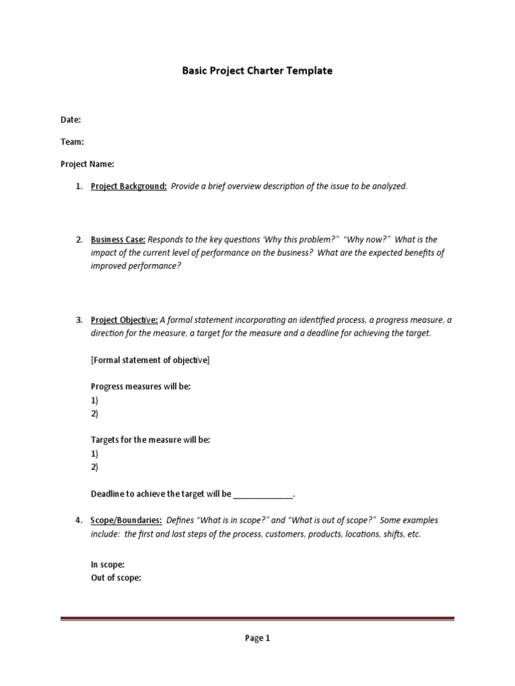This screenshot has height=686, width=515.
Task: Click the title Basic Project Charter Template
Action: (x=257, y=70)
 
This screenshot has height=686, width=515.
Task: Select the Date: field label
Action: (x=70, y=120)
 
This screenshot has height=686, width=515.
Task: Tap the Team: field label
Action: (x=72, y=142)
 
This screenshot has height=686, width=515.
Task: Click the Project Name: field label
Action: (x=87, y=164)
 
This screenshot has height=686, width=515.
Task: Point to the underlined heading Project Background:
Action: (x=129, y=186)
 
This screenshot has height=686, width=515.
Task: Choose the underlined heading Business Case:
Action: (x=118, y=240)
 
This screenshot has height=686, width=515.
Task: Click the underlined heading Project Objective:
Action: (x=124, y=320)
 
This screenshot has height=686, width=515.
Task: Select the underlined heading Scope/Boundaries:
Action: (x=126, y=521)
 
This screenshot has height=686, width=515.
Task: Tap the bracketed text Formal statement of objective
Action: (x=150, y=360)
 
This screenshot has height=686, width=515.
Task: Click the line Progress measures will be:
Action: (x=141, y=387)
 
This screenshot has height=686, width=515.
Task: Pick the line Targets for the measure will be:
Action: (x=150, y=440)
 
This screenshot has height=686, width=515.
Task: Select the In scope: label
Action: (x=107, y=565)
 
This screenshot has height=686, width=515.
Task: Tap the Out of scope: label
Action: (x=115, y=578)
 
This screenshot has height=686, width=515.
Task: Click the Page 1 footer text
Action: (x=257, y=638)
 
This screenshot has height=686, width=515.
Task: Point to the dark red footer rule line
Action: (x=257, y=619)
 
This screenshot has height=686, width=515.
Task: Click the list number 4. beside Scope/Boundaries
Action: (x=78, y=521)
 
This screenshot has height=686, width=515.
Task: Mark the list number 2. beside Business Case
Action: (x=78, y=240)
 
